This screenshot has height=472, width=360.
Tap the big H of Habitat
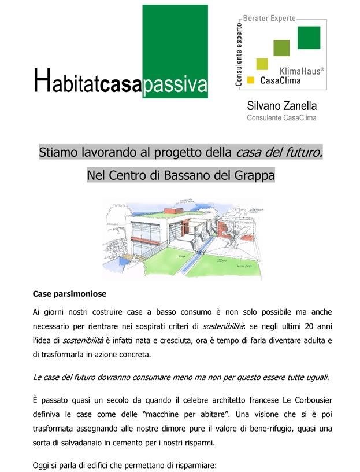(41, 81)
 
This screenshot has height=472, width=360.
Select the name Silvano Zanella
(282, 106)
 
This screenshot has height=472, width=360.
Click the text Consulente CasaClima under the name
(282, 118)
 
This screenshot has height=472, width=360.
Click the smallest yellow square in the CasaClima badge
(251, 79)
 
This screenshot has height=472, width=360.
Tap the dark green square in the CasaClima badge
(309, 38)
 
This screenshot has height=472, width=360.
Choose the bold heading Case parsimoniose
(69, 294)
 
